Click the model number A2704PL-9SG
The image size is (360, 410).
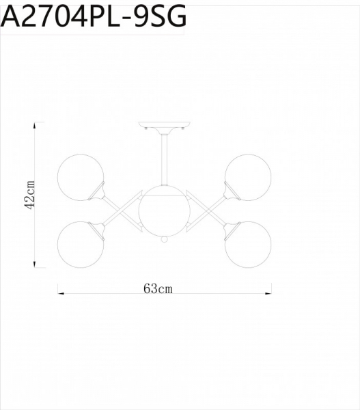94,16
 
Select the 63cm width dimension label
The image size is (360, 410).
158,288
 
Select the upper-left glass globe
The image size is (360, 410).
81,178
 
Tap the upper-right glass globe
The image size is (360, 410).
249,178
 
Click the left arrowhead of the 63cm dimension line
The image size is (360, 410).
60,294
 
